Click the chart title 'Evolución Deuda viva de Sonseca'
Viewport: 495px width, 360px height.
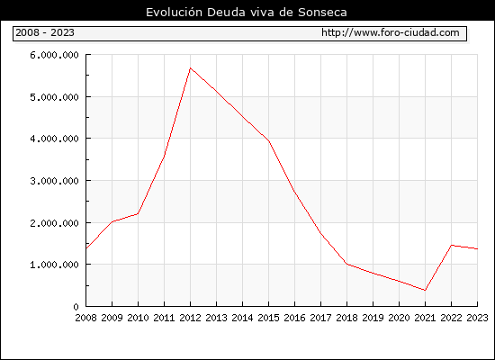(247, 13)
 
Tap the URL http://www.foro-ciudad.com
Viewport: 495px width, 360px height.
(391, 32)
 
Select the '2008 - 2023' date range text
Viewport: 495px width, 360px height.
(45, 32)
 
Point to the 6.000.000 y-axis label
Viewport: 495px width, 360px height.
(54, 55)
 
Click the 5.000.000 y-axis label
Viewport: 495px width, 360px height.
(54, 97)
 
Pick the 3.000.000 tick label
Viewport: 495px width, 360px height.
(54, 181)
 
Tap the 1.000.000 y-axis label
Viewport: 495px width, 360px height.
(54, 265)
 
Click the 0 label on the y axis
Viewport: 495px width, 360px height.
(76, 307)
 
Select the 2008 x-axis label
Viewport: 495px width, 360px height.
(85, 318)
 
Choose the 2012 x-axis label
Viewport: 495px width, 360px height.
(191, 318)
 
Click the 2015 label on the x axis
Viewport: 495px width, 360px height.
(269, 318)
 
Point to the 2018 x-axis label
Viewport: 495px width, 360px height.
(346, 318)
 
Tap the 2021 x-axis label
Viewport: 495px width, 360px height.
(425, 318)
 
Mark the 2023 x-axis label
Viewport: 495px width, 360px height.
(477, 318)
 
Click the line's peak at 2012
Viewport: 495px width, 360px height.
(191, 67)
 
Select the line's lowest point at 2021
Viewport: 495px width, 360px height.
(425, 290)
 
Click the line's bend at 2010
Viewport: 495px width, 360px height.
(138, 214)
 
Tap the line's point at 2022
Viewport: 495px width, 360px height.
(452, 245)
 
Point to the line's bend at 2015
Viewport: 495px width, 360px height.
(269, 141)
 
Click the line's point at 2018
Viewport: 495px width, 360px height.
(346, 264)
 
